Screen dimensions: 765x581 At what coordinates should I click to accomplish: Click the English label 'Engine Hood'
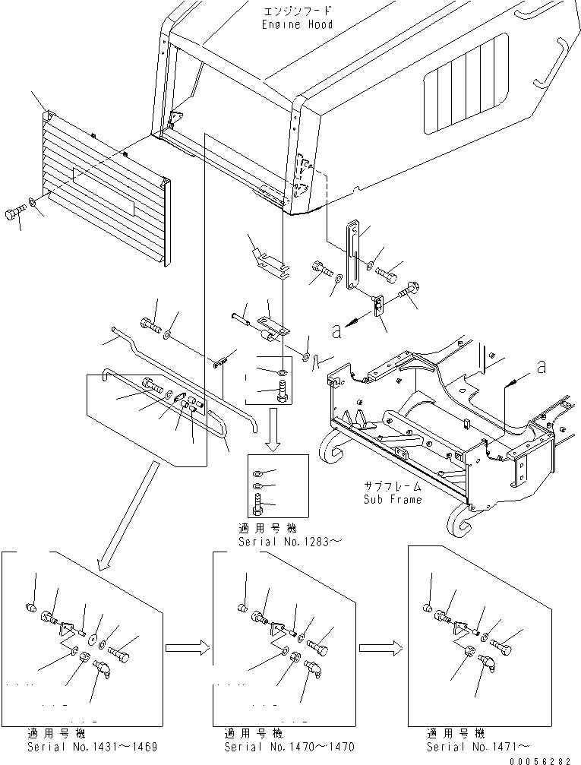coord(297,24)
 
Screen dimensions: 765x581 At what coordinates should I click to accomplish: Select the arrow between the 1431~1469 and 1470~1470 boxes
coord(187,647)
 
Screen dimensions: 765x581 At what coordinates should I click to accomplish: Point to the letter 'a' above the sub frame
coord(542,367)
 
